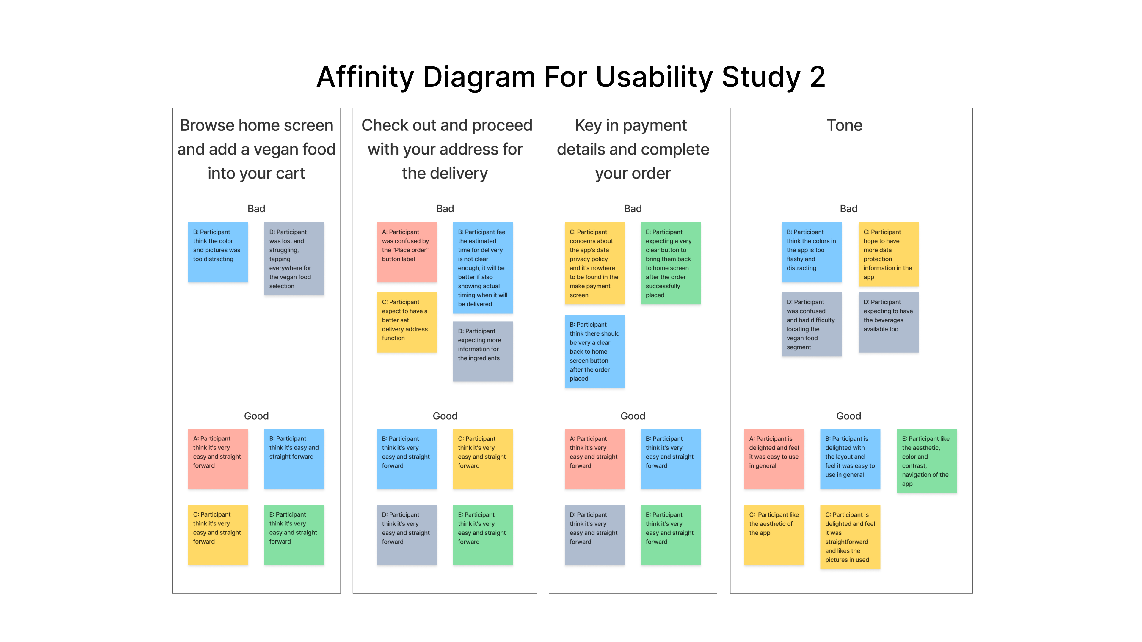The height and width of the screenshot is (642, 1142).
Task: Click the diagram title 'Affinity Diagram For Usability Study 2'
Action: (571, 77)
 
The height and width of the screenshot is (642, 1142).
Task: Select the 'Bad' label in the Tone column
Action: (848, 209)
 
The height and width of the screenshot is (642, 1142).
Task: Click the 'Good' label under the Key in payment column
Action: (633, 416)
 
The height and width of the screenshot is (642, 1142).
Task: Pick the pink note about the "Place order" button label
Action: (407, 252)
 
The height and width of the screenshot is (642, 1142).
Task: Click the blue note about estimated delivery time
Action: (482, 267)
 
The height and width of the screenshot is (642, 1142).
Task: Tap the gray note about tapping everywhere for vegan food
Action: (294, 259)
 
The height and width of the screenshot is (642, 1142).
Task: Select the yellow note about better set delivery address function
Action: (407, 322)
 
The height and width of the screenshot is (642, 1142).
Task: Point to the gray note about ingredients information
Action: (482, 351)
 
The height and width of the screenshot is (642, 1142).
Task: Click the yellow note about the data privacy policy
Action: (594, 263)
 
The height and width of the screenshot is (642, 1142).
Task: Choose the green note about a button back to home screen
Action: (670, 263)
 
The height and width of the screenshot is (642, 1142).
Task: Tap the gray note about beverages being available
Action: (888, 322)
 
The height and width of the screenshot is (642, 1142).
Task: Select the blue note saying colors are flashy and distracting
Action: (811, 252)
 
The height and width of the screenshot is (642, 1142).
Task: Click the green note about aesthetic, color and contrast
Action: (927, 461)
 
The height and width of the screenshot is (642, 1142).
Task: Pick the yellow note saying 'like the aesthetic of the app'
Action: (774, 535)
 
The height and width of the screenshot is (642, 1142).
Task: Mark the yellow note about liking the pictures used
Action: (850, 537)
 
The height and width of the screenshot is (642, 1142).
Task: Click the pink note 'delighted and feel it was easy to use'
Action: (774, 459)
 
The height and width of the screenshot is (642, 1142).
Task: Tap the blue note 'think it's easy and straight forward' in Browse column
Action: (294, 459)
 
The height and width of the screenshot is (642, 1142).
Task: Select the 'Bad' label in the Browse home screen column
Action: (256, 209)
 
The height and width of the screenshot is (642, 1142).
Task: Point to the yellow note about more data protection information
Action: (888, 254)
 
